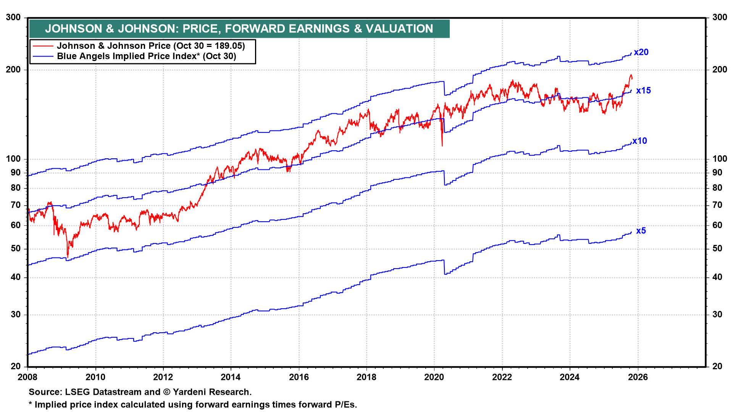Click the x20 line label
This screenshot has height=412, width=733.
[x=641, y=52]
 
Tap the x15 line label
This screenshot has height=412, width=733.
[x=643, y=91]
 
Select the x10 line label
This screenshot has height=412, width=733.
[x=640, y=141]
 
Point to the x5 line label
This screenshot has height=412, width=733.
[x=641, y=231]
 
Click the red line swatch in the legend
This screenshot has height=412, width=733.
[x=43, y=46]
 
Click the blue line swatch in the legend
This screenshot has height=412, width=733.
[x=43, y=56]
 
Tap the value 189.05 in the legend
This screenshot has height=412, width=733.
[x=228, y=46]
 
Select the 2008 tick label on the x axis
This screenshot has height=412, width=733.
[x=28, y=377]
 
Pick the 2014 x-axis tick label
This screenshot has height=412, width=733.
[x=231, y=377]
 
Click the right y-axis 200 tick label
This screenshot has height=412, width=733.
[x=719, y=70]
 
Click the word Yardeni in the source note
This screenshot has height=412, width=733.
[x=189, y=392]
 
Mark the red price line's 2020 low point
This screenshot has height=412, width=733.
[x=442, y=145]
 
